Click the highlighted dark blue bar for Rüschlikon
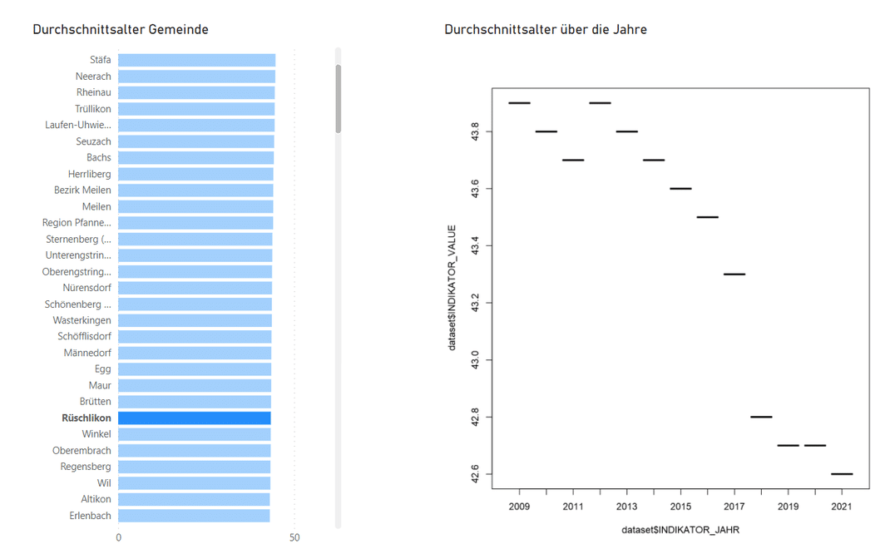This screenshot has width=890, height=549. [x=194, y=418]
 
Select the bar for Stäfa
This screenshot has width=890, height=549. [x=196, y=60]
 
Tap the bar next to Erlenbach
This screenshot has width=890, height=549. [x=194, y=516]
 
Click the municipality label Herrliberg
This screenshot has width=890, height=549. [x=90, y=174]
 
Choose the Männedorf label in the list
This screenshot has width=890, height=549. [x=87, y=353]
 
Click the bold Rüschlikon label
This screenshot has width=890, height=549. [x=87, y=418]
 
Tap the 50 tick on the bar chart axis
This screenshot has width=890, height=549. [x=294, y=538]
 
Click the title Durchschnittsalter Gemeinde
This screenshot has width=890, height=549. [x=121, y=30]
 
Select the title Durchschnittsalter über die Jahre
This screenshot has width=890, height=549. [x=546, y=30]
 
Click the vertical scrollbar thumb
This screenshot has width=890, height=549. [x=339, y=98]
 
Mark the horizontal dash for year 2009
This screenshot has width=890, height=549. [x=519, y=103]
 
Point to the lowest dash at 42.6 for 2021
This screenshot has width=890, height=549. [x=842, y=474]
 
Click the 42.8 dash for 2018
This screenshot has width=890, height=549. [x=761, y=417]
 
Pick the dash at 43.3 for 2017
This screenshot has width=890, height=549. [x=734, y=274]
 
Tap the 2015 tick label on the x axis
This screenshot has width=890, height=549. [x=680, y=507]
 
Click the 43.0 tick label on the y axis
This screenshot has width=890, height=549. [x=475, y=359]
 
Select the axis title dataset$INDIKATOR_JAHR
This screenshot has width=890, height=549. [x=680, y=530]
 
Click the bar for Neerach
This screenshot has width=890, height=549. [x=196, y=77]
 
